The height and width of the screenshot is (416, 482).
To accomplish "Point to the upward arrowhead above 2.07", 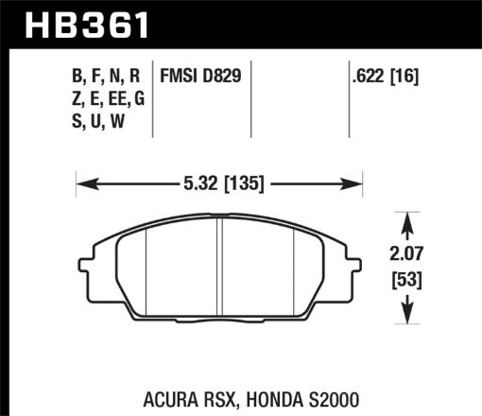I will click(407, 220).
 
